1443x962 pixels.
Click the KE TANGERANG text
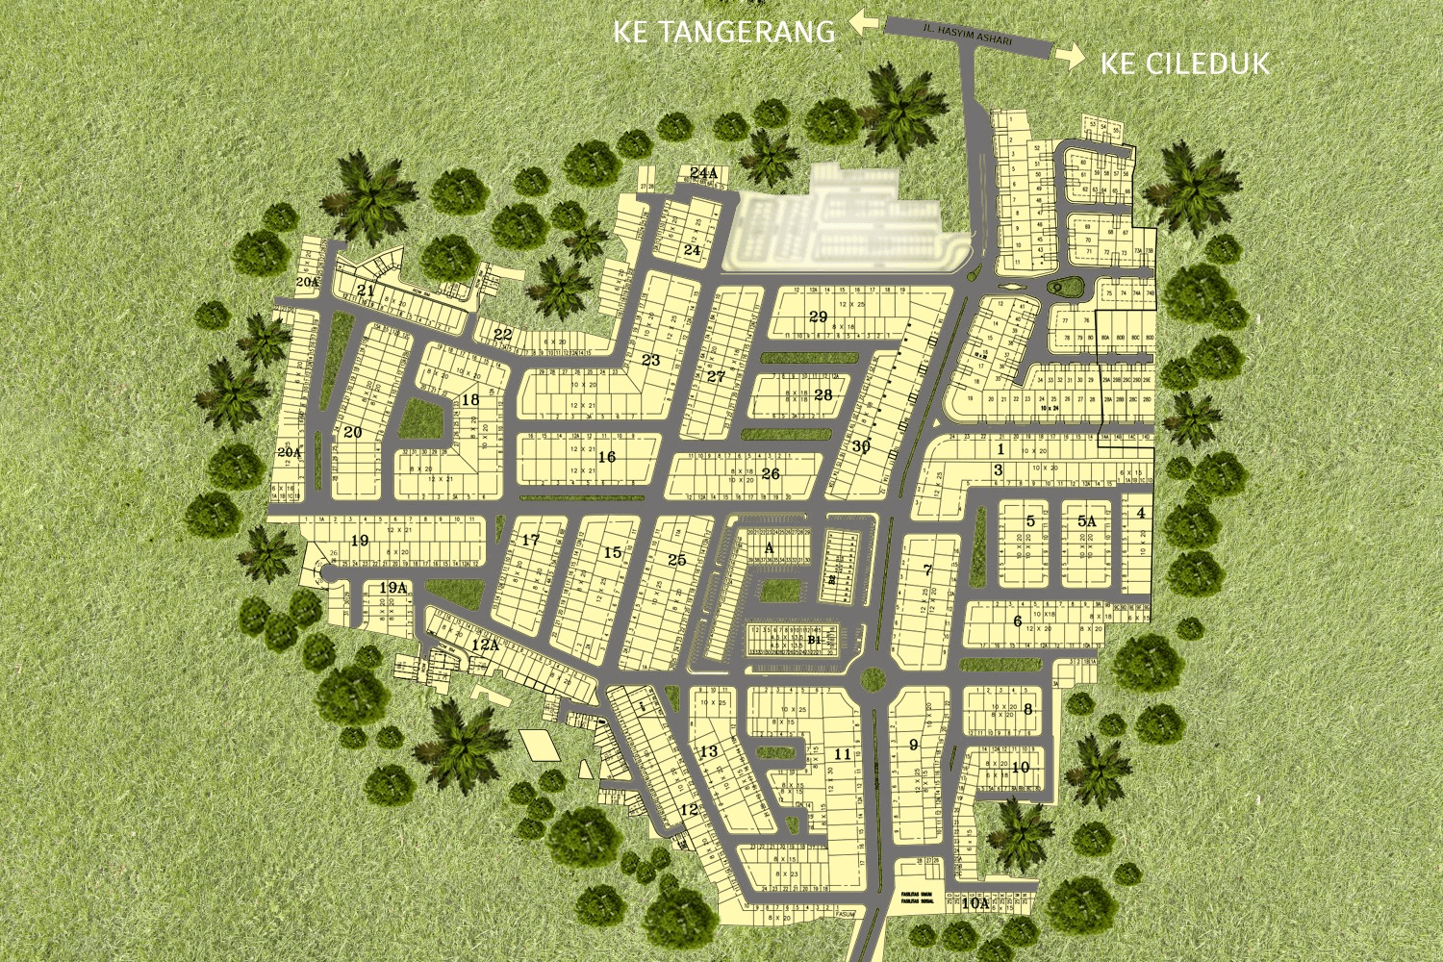[724, 32]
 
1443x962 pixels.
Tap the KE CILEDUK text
[1184, 63]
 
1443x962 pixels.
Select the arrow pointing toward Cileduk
[1070, 57]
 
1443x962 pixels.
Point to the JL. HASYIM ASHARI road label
[967, 35]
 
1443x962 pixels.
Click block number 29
[818, 316]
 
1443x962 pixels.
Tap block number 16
[606, 457]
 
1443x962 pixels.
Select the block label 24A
[704, 173]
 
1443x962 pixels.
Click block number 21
[366, 290]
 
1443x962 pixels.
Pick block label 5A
[1086, 520]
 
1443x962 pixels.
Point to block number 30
[861, 446]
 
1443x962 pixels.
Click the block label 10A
[975, 903]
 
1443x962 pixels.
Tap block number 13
[709, 751]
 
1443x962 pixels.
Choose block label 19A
[392, 588]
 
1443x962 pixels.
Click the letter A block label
[769, 548]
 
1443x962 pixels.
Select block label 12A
[485, 646]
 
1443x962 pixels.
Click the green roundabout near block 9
[873, 679]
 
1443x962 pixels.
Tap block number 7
[927, 570]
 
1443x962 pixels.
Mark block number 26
[771, 473]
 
